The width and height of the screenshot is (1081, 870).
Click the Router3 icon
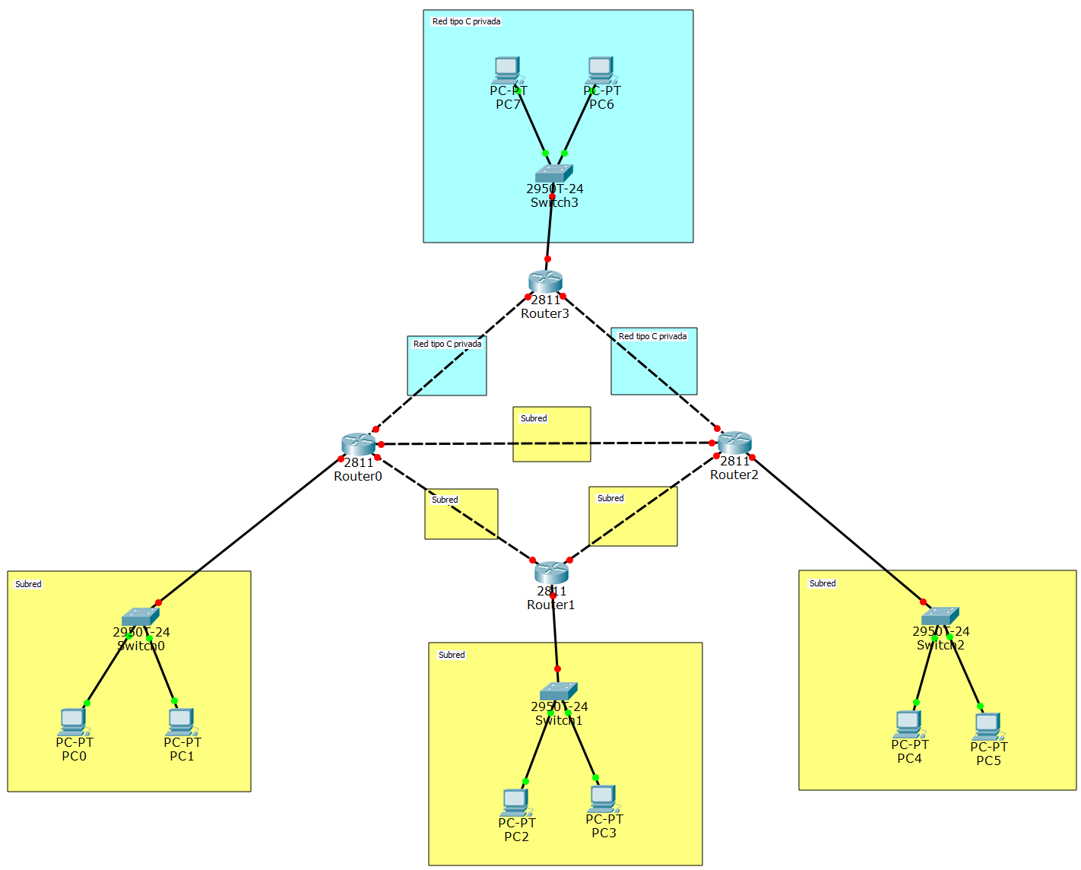545,281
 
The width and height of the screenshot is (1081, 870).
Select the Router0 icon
358,444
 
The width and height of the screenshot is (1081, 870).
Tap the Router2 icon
734,443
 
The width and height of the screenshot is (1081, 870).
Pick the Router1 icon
551,572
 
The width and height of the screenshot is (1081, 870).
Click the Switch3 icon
553,173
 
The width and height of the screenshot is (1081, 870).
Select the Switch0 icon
140,616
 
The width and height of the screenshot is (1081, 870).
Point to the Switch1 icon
559,691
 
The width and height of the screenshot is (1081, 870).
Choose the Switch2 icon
940,615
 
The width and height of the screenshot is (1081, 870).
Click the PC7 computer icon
506,70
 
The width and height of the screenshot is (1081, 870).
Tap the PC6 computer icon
601,70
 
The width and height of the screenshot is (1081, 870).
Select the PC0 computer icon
73,722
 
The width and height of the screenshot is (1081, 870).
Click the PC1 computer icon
181,722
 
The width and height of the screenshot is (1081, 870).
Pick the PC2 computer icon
515,802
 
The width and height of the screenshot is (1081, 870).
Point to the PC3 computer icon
603,799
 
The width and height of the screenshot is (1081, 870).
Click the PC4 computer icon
908,724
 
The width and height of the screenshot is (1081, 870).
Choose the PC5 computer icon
987,726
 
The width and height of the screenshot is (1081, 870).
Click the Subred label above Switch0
28,584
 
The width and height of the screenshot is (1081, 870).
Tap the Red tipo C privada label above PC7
466,21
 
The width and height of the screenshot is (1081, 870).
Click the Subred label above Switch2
823,583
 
